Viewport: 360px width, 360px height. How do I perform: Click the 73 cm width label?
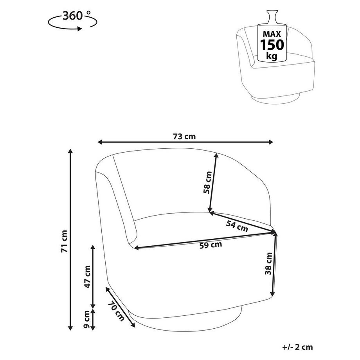[184, 137]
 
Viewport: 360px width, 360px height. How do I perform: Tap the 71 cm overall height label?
[65, 241]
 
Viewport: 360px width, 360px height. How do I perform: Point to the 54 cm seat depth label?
[237, 226]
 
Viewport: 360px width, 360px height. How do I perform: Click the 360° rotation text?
[73, 16]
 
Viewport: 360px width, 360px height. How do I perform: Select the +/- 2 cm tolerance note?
[297, 347]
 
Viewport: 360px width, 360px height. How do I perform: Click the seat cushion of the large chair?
[172, 227]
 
